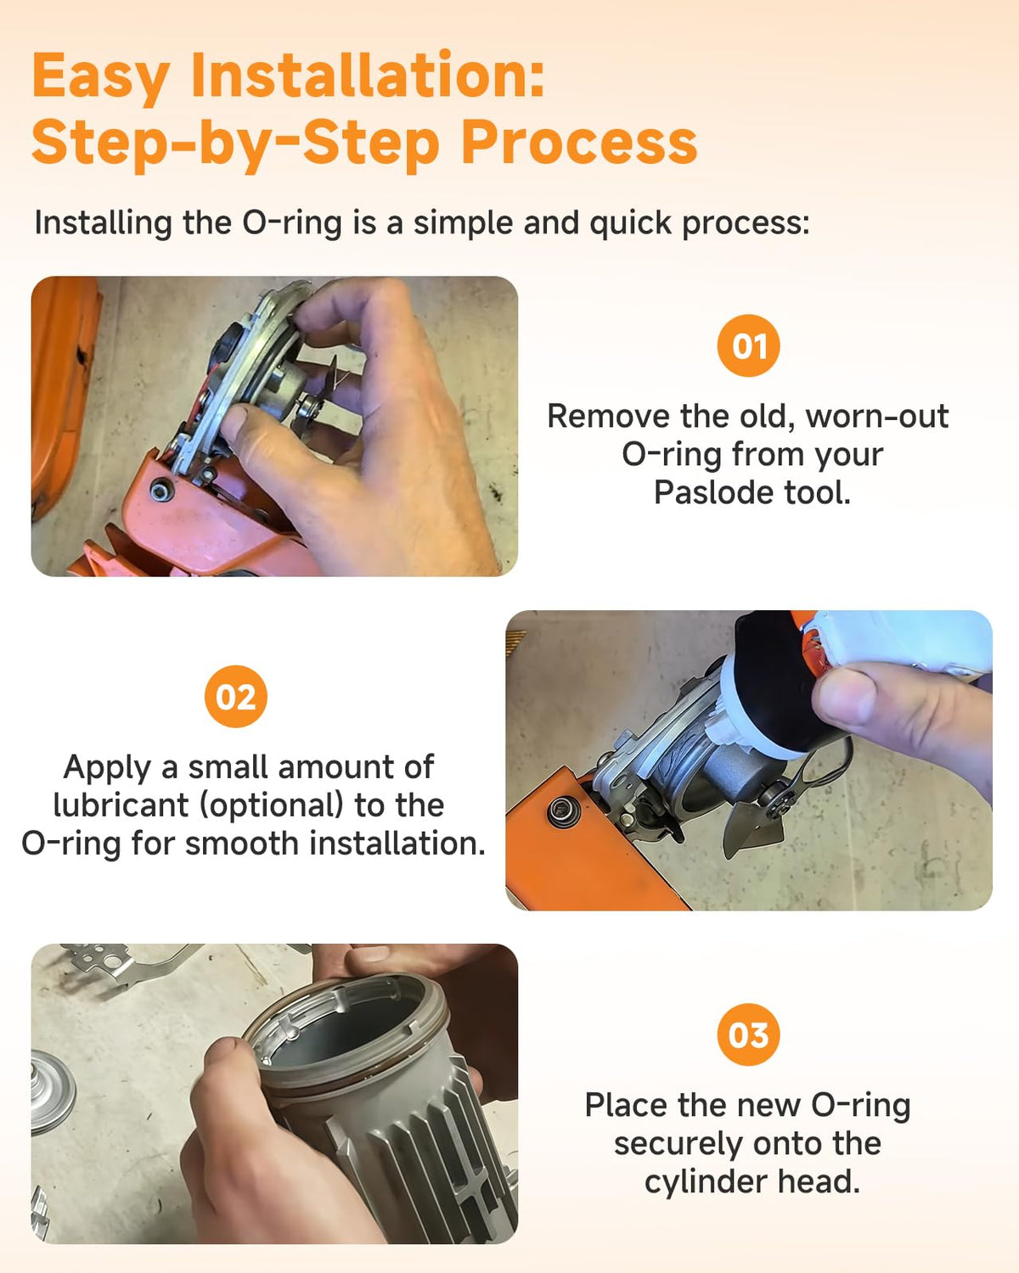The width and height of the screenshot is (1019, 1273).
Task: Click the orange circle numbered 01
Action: click(748, 345)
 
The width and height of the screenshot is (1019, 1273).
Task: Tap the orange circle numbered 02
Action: click(236, 696)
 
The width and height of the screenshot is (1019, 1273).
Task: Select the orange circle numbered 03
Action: click(748, 1035)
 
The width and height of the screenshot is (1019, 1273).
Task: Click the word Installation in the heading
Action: click(367, 76)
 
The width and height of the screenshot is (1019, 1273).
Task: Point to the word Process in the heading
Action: click(579, 143)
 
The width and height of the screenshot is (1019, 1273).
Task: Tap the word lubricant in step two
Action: click(121, 805)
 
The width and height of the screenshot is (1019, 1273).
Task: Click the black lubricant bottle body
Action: click(780, 683)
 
